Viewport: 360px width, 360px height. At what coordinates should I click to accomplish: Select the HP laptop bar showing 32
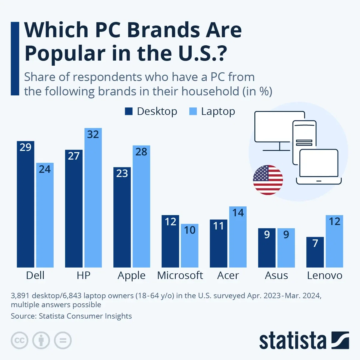tap(93, 198)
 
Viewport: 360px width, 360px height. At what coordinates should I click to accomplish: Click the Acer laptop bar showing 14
tap(238, 237)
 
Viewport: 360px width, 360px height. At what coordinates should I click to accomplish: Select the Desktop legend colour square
tap(129, 111)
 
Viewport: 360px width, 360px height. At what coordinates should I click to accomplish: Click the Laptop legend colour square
tap(193, 111)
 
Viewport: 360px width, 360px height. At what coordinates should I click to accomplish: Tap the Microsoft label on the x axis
tap(180, 275)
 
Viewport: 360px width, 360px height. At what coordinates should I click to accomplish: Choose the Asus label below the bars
tap(276, 275)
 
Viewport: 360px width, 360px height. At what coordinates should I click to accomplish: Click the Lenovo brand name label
tap(325, 275)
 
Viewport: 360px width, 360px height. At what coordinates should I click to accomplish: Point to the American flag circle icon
tap(268, 180)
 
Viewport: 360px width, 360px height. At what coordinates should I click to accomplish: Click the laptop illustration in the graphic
tap(319, 167)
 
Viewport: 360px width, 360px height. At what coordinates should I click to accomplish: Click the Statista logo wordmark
tap(292, 341)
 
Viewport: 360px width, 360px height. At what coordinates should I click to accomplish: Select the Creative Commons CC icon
tap(19, 340)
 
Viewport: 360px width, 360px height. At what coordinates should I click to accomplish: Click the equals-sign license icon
tap(63, 340)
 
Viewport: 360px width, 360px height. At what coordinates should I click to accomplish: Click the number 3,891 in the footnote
tap(20, 296)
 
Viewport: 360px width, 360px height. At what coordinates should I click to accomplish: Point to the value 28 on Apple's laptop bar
tap(141, 152)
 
